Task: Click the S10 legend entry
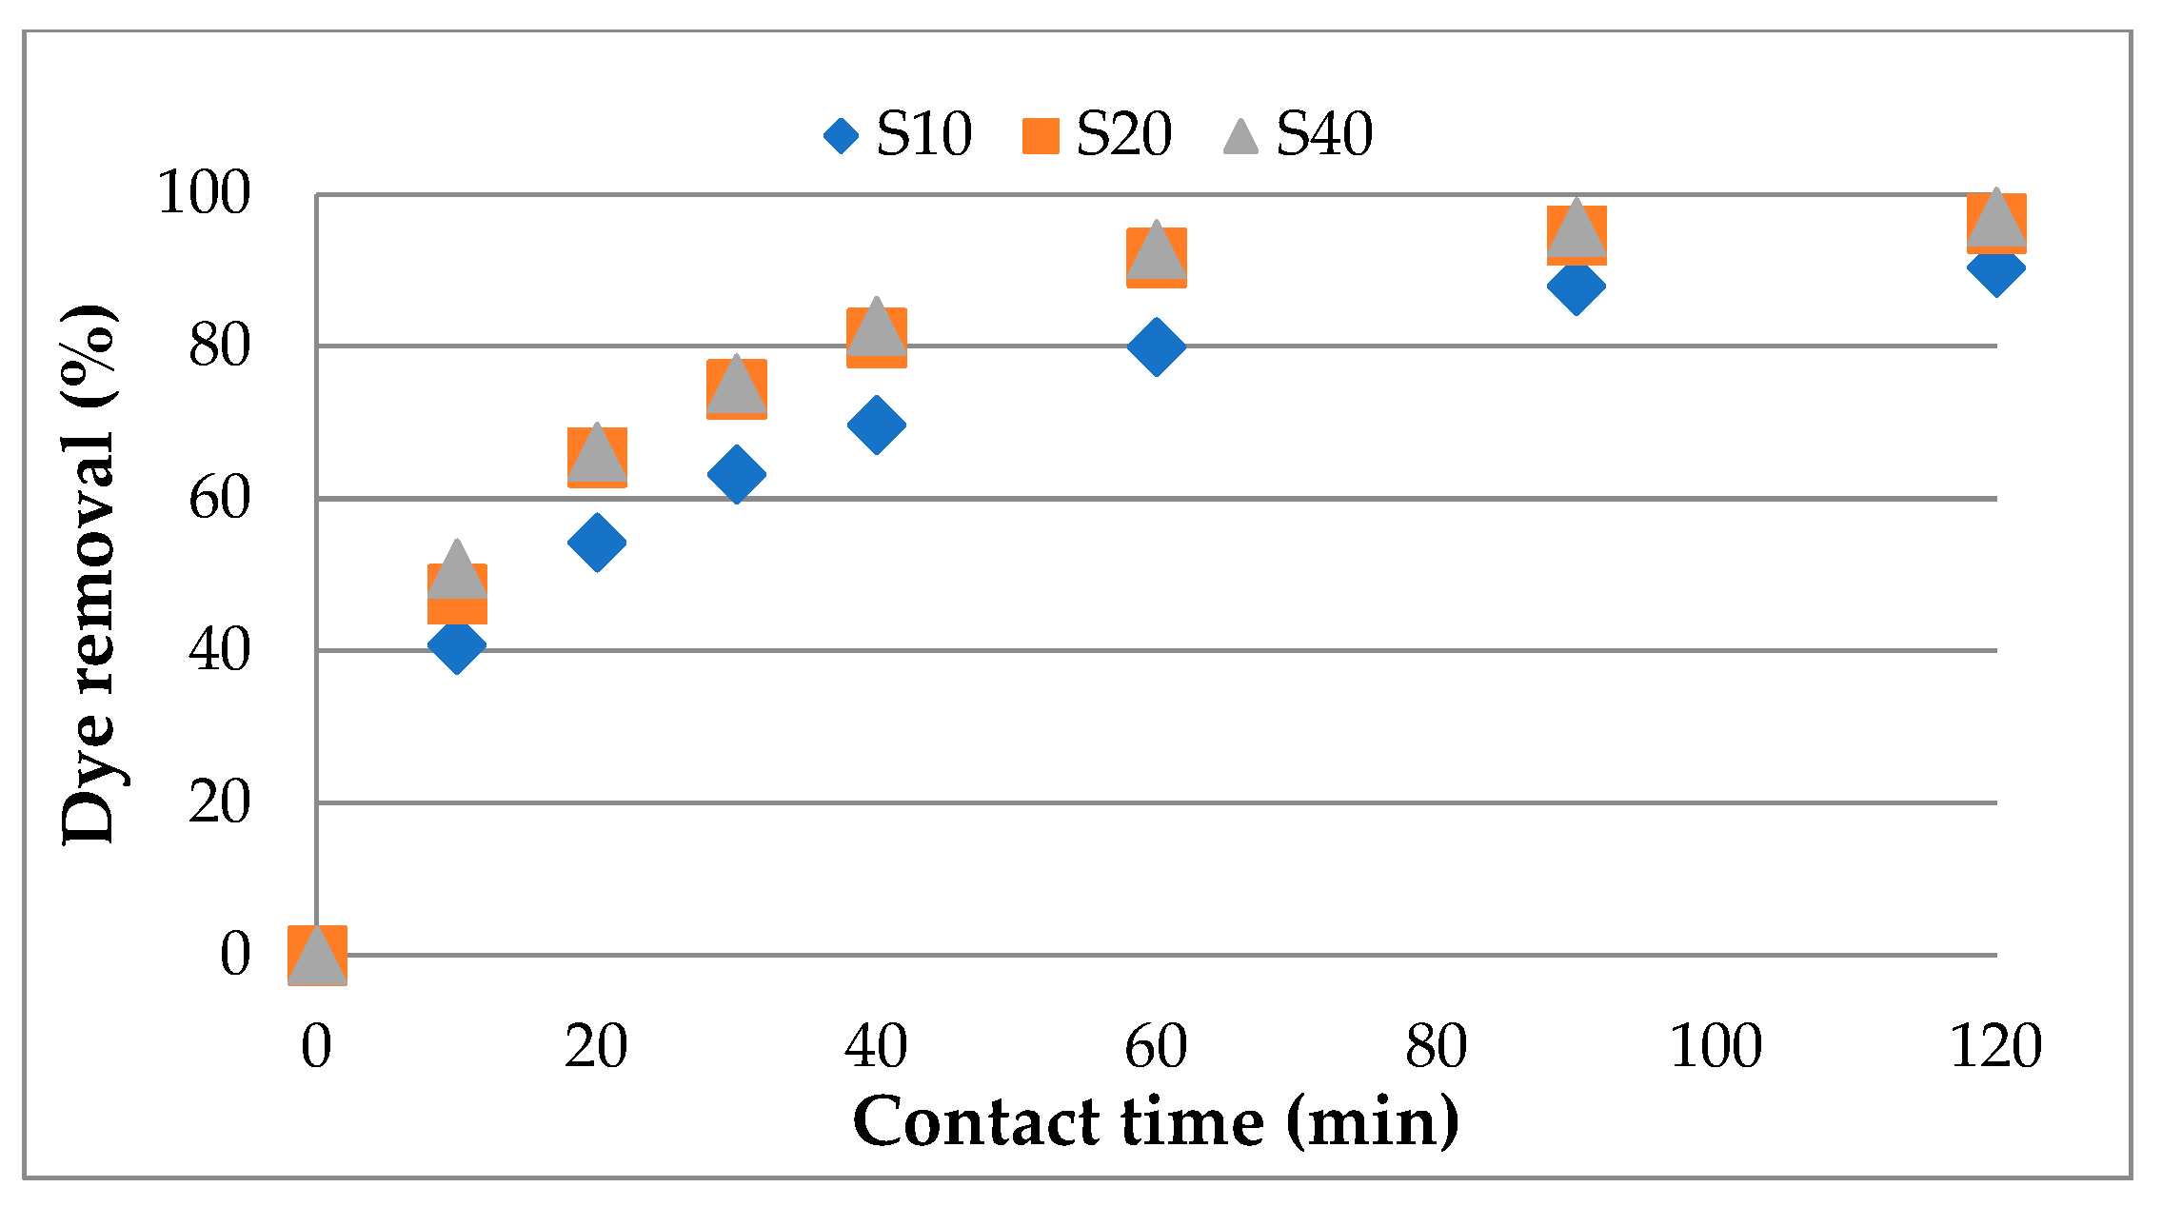[x=899, y=134]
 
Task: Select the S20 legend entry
[x=1097, y=134]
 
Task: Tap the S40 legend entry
[x=1299, y=134]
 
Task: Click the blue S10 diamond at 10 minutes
[x=457, y=645]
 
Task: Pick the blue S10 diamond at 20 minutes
[x=597, y=543]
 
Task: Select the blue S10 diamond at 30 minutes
[x=737, y=474]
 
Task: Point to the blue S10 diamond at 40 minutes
[x=876, y=425]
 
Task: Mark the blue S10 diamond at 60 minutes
[x=1156, y=346]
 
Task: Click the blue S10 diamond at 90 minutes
[x=1577, y=286]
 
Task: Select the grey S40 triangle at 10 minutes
[x=457, y=571]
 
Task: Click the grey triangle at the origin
[x=317, y=957]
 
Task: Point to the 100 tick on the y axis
[x=204, y=193]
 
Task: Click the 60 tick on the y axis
[x=220, y=498]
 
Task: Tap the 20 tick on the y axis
[x=220, y=802]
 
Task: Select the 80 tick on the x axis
[x=1436, y=1047]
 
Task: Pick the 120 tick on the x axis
[x=1995, y=1047]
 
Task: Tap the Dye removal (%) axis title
[x=88, y=574]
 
